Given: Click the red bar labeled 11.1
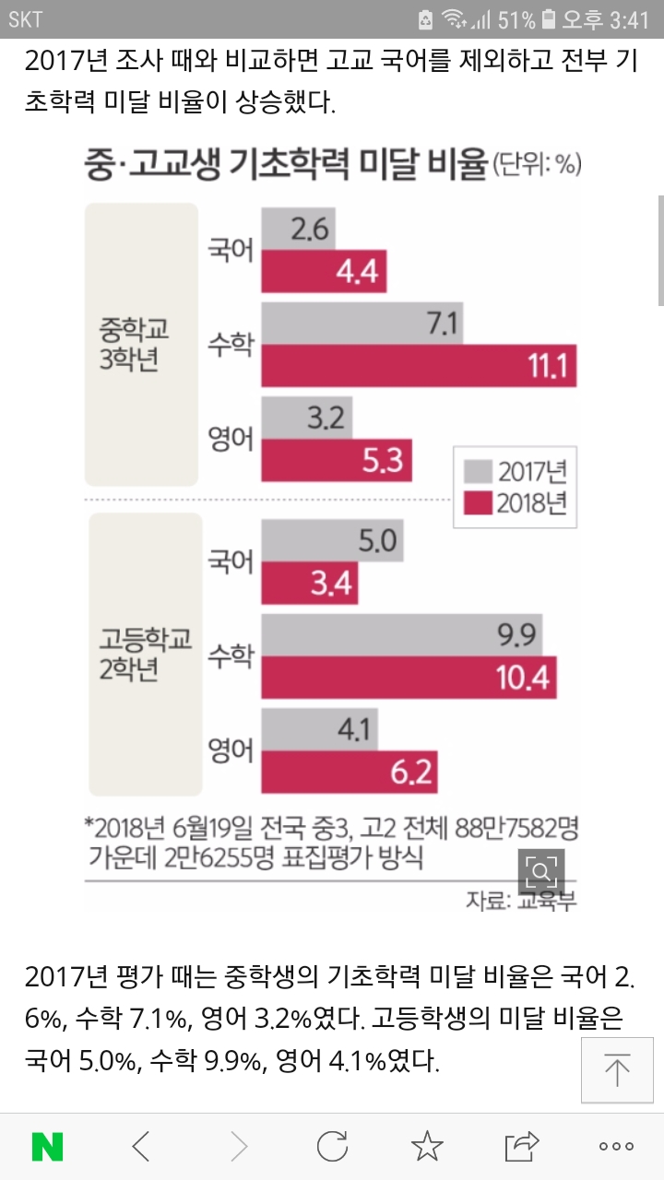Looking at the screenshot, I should [419, 367].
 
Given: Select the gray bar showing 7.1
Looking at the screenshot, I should [362, 324].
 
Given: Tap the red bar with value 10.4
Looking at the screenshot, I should [409, 678].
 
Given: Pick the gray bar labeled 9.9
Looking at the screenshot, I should [401, 634].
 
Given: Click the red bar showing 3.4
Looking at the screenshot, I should [310, 583].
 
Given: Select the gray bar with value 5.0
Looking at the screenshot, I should [332, 539].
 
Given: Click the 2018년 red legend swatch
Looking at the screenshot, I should [476, 503].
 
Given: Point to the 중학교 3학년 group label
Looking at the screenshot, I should [141, 344].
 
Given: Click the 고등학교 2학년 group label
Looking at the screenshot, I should [141, 654].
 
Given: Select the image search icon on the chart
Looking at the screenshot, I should [540, 870].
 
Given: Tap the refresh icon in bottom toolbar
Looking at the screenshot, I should [332, 1146].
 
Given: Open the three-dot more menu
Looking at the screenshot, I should [616, 1146].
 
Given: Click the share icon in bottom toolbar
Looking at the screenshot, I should [521, 1146].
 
